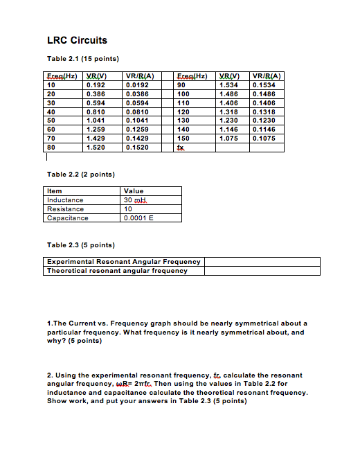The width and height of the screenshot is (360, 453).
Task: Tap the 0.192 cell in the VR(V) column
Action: coord(95,85)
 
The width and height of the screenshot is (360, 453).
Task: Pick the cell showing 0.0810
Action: coord(136,110)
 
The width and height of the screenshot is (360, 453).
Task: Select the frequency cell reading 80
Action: coord(51,147)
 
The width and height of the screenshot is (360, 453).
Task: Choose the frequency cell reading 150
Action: coord(183,138)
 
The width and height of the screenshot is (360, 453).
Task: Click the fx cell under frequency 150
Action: coord(181,147)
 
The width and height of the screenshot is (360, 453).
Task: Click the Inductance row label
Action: coord(64,200)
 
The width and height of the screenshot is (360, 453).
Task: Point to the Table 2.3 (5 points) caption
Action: coord(80,245)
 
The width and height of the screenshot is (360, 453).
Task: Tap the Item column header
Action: coord(54,191)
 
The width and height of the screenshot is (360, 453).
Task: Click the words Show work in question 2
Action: coord(64,401)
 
